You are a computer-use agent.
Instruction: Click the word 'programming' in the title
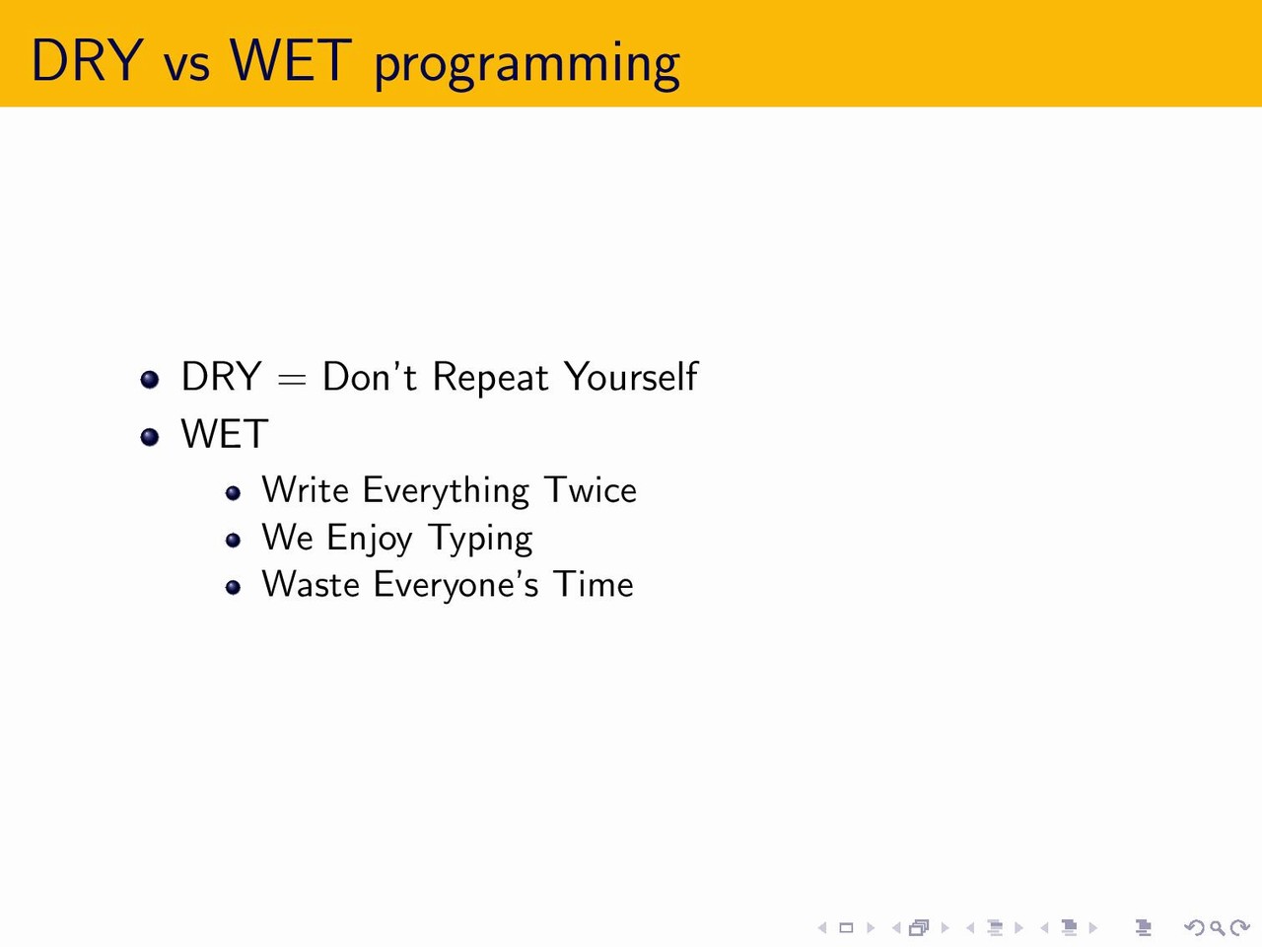click(x=527, y=64)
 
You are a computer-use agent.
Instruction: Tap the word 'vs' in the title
click(x=187, y=65)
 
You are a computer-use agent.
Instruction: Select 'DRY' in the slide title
click(x=87, y=60)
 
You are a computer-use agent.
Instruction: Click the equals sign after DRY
click(x=292, y=379)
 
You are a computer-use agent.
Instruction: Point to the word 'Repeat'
click(x=490, y=379)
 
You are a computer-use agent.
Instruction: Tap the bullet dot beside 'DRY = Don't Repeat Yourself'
click(x=150, y=380)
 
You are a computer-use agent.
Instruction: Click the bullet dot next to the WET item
click(x=150, y=437)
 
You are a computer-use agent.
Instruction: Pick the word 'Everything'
click(x=446, y=491)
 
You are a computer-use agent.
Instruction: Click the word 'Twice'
click(x=591, y=490)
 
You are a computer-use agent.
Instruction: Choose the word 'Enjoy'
click(x=370, y=540)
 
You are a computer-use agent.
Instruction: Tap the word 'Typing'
click(x=481, y=540)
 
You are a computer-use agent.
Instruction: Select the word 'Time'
click(x=594, y=584)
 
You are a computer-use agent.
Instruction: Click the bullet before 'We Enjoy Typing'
click(x=233, y=541)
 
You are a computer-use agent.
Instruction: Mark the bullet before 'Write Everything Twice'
click(x=233, y=493)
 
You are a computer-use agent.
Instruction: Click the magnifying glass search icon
click(x=1217, y=927)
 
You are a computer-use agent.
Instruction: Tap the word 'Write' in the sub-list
click(x=306, y=490)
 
